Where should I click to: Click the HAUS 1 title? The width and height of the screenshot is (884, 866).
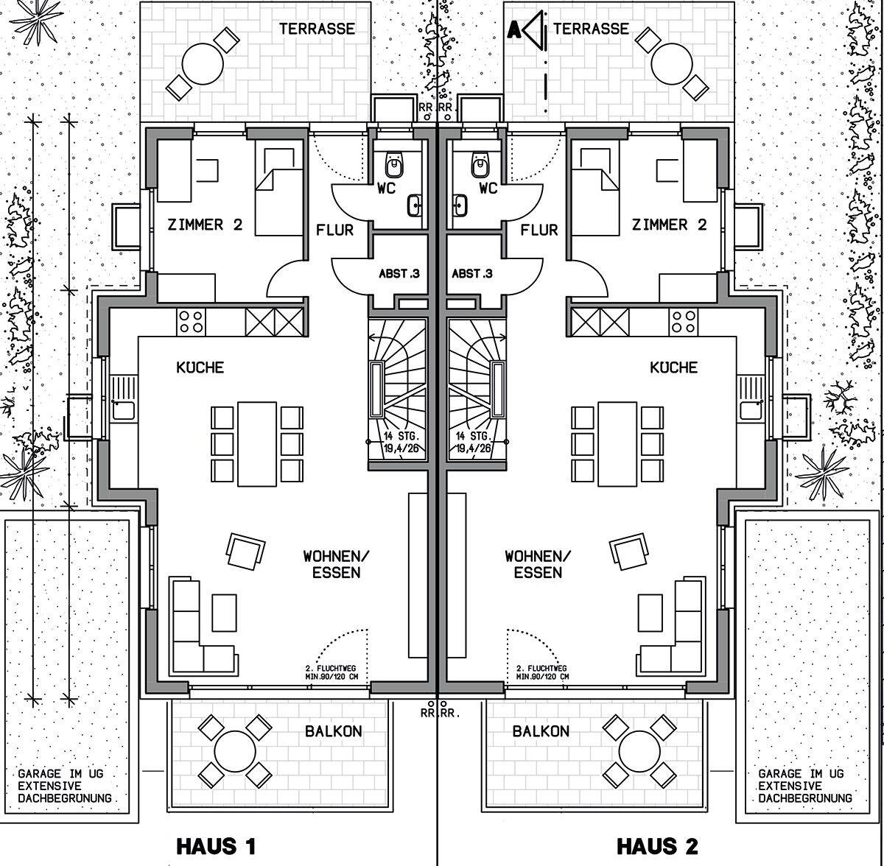coord(216,846)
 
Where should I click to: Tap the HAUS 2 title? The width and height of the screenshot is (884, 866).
coord(657,846)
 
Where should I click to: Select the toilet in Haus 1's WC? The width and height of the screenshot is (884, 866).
coord(395,164)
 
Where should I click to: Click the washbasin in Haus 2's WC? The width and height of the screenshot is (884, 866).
coord(460,205)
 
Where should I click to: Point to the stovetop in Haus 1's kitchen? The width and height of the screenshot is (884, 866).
coord(191,322)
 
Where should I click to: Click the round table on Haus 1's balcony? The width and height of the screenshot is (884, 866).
coord(235,751)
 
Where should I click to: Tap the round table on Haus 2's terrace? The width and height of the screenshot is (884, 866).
coord(672,64)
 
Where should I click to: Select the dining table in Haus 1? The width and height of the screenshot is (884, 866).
coord(257,444)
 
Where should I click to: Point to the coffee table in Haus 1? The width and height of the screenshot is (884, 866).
coord(225,613)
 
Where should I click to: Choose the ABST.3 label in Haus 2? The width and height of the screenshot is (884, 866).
coord(472,274)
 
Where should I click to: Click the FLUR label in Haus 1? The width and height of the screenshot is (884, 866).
coord(335,230)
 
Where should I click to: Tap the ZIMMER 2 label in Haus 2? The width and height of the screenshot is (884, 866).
coord(670,225)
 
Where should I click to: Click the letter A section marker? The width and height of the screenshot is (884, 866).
coord(515,30)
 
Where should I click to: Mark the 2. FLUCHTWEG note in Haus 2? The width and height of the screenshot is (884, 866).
coord(541,669)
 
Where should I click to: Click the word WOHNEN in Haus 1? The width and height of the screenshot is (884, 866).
coord(336,557)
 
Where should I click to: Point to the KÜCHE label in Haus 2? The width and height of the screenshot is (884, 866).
coord(674,367)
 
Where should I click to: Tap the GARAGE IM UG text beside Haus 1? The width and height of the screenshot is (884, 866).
coord(60,774)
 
